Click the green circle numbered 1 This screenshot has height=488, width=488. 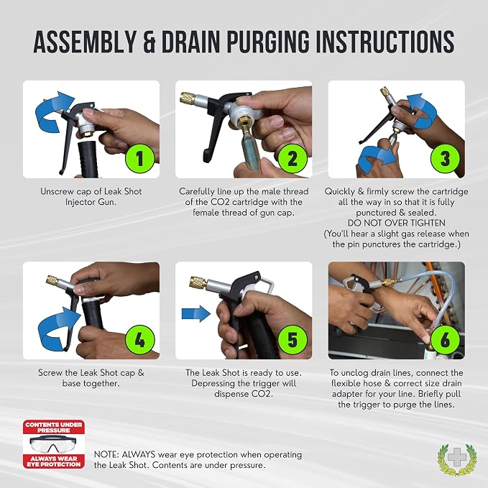(x=139, y=158)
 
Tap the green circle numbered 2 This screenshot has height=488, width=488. (x=293, y=158)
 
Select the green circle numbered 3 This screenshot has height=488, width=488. (x=445, y=158)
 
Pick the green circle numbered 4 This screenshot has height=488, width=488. (x=139, y=339)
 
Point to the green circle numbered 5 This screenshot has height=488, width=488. (x=293, y=339)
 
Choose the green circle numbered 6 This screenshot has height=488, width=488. (x=445, y=339)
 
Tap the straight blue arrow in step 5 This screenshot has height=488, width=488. (x=196, y=313)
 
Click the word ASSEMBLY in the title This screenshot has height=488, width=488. (x=85, y=42)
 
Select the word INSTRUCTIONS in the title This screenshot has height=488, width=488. (x=385, y=42)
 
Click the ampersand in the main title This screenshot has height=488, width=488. (x=149, y=42)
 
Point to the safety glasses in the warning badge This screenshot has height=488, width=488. (x=53, y=443)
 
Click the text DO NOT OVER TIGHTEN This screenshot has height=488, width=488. (x=396, y=223)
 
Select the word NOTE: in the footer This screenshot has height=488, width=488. (x=106, y=455)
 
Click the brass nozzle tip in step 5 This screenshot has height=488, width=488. (x=198, y=282)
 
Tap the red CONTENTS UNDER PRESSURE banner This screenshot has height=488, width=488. (x=53, y=427)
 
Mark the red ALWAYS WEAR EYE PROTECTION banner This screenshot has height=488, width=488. (x=53, y=461)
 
